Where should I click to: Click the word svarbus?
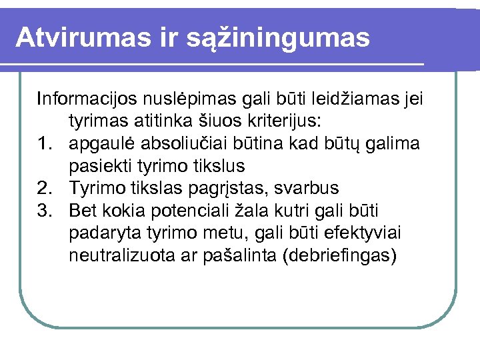point(311,189)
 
